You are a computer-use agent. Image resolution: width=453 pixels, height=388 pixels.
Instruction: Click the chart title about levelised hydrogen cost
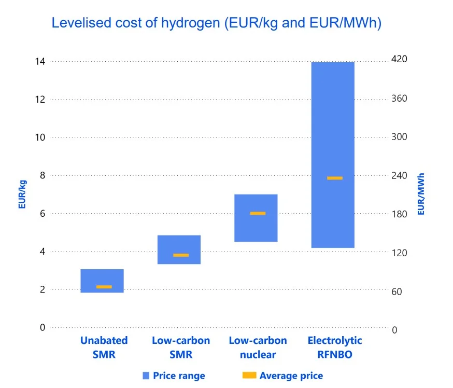point(216,23)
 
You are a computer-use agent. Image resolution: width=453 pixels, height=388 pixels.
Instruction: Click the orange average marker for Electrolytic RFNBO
point(334,178)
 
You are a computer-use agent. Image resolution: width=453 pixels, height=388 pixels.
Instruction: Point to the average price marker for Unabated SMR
point(104,287)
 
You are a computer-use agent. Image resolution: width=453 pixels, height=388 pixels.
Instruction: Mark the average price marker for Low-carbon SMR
point(181,255)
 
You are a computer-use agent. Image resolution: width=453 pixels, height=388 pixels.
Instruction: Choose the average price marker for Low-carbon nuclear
point(258,213)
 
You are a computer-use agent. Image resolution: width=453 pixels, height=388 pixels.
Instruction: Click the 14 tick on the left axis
point(40,62)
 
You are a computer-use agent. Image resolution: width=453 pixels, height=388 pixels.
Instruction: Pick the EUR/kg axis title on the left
point(22,194)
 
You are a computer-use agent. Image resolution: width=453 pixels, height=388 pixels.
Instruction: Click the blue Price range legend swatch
point(146,376)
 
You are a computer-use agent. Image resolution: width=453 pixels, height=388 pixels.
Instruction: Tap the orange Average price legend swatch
point(249,376)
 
